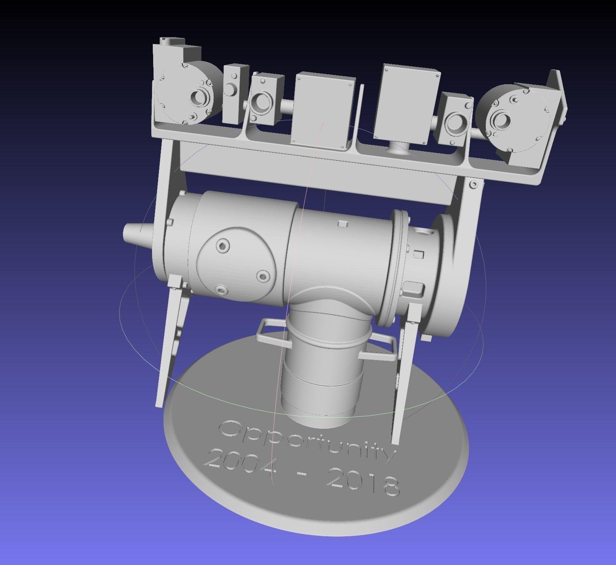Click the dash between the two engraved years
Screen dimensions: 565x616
click(303, 474)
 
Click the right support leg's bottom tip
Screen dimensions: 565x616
click(396, 440)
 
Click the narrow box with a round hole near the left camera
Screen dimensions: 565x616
click(231, 88)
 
